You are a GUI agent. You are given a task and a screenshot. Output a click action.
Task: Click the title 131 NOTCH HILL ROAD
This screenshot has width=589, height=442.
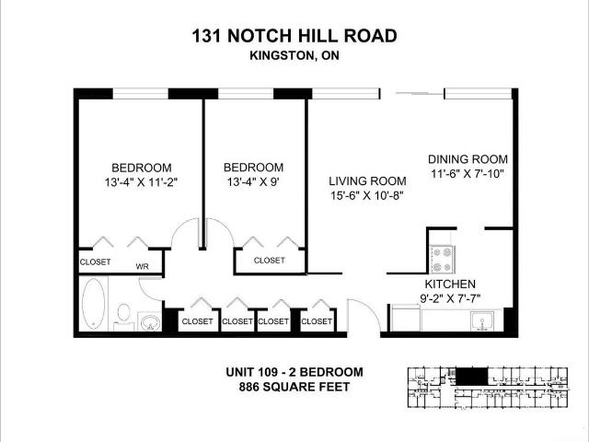coord(294,36)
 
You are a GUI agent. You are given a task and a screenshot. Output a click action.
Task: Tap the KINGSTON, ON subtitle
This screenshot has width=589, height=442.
coord(294,55)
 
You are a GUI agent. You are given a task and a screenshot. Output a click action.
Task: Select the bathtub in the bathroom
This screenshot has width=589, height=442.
coord(93,304)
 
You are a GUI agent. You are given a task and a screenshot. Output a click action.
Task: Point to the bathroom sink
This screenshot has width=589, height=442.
coord(150,321)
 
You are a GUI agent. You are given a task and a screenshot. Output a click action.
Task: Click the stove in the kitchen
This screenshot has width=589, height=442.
coord(442,260)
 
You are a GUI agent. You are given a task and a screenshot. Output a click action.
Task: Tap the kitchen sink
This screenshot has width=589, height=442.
coord(482,321)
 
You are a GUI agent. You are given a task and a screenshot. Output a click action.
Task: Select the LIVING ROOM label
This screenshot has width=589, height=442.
coord(367,181)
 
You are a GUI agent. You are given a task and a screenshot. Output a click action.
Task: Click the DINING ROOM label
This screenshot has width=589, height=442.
coord(468,159)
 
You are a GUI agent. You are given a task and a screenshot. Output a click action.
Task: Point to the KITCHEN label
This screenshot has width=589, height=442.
coord(450,284)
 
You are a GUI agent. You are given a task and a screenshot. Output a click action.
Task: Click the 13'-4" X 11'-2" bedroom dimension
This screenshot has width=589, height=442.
coord(141,182)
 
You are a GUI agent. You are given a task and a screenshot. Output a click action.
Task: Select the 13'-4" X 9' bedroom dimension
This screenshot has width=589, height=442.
coord(253,182)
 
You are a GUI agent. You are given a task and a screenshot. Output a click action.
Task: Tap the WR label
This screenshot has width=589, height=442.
coord(142,266)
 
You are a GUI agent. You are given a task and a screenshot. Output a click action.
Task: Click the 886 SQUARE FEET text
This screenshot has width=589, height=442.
coord(294,387)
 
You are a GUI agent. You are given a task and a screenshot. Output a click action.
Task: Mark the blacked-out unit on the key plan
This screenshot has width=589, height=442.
coord(471,377)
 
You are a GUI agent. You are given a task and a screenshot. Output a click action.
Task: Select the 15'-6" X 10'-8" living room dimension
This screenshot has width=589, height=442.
coord(367,196)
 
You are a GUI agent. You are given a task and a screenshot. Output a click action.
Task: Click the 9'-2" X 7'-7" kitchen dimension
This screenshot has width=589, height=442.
coord(450,298)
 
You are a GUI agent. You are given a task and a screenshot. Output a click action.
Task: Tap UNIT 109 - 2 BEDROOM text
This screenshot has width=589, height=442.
coord(294,372)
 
